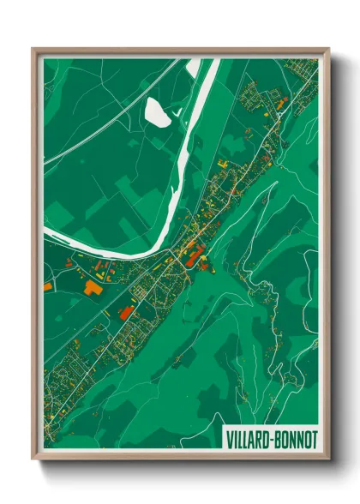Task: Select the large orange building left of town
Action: pos(93,288)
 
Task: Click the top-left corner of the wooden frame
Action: pos(33,49)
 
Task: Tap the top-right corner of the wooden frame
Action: pos(329,49)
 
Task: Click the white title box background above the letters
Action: pos(270,428)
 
